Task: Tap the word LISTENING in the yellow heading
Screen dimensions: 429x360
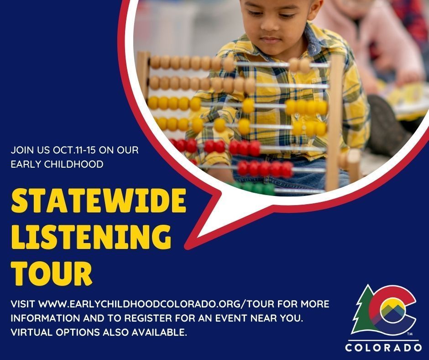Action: click(91, 237)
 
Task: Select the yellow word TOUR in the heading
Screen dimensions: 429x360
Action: click(52, 273)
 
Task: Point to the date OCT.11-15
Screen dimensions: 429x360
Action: click(75, 150)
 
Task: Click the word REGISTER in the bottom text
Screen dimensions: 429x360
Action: click(148, 318)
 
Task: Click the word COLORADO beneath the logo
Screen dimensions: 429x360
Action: click(383, 347)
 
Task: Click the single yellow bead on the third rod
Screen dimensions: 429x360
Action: click(248, 106)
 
